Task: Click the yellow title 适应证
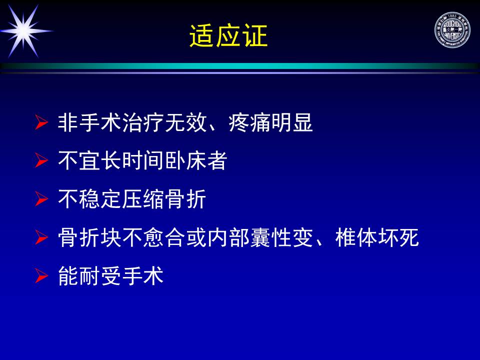coord(228,36)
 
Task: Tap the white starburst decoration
coord(24,31)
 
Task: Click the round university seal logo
coord(452,30)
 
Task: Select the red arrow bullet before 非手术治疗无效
coord(41,122)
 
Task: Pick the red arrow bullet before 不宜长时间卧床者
coord(41,160)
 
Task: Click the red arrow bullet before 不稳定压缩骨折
coord(41,199)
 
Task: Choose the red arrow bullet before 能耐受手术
coord(41,275)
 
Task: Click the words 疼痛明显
coord(270,122)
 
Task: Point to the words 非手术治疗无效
coord(132,122)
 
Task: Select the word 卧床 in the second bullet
coord(185,160)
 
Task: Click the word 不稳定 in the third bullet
coord(89,199)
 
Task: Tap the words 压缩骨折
coord(164,199)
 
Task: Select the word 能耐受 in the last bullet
coord(89,275)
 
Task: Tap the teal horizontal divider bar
coord(240,66)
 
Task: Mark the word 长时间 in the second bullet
coord(132,160)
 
